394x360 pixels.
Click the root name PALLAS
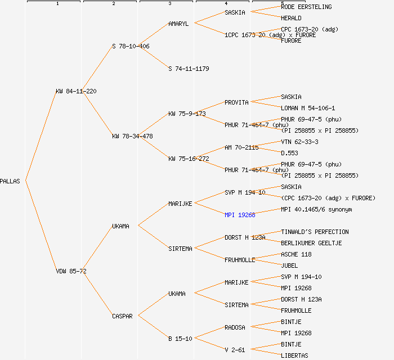pos(10,181)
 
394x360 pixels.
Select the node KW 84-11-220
pos(76,91)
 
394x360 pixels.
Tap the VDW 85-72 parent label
pos(71,271)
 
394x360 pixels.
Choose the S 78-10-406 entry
pos(131,46)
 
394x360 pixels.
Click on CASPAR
pos(122,316)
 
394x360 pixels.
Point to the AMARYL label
pos(178,24)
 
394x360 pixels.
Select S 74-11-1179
pos(189,69)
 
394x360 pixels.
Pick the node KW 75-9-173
pos(187,114)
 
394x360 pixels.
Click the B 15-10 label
pos(180,339)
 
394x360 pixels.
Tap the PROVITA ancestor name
pos(236,102)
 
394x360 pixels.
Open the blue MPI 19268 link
pos(240,215)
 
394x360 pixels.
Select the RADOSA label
pos(235,327)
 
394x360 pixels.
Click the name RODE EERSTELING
pos(306,7)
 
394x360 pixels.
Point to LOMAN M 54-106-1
pos(308,108)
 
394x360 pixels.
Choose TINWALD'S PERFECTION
pos(315,232)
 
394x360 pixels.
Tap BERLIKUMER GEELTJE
pos(311,243)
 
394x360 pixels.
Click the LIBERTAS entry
pos(294,355)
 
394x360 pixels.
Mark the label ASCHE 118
pos(296,254)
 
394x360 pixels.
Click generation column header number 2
pos(113,4)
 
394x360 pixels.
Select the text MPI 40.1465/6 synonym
pos(316,209)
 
